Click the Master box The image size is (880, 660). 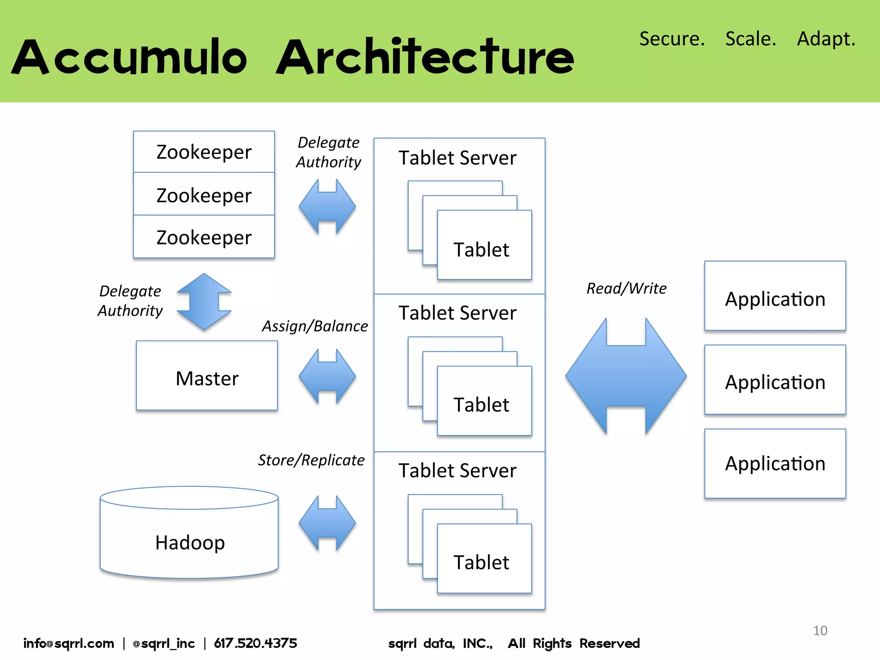pos(207,376)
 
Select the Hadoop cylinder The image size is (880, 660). pos(189,537)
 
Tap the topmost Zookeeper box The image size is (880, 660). pos(204,152)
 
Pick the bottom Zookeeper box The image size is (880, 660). pos(204,237)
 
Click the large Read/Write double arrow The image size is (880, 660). pos(626,376)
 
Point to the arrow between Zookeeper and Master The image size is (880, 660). pos(204,302)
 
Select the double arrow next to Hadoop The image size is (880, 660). pos(327,523)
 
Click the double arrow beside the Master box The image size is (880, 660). pos(327,376)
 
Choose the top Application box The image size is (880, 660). pos(775,296)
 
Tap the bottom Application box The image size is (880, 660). pos(775,464)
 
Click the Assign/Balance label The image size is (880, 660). pos(315,326)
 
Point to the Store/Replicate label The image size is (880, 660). pos(311,460)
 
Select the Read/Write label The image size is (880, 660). pos(626,288)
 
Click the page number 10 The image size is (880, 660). pos(820,630)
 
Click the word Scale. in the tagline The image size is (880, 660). pos(751,39)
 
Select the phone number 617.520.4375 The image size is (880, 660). pos(255,643)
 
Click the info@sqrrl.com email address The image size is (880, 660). pos(69,643)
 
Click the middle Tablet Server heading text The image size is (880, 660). pos(457,313)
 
